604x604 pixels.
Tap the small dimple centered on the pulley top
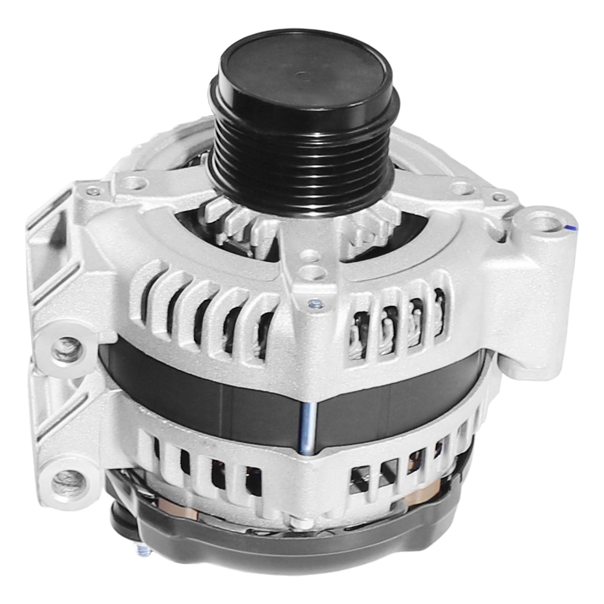(302, 75)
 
